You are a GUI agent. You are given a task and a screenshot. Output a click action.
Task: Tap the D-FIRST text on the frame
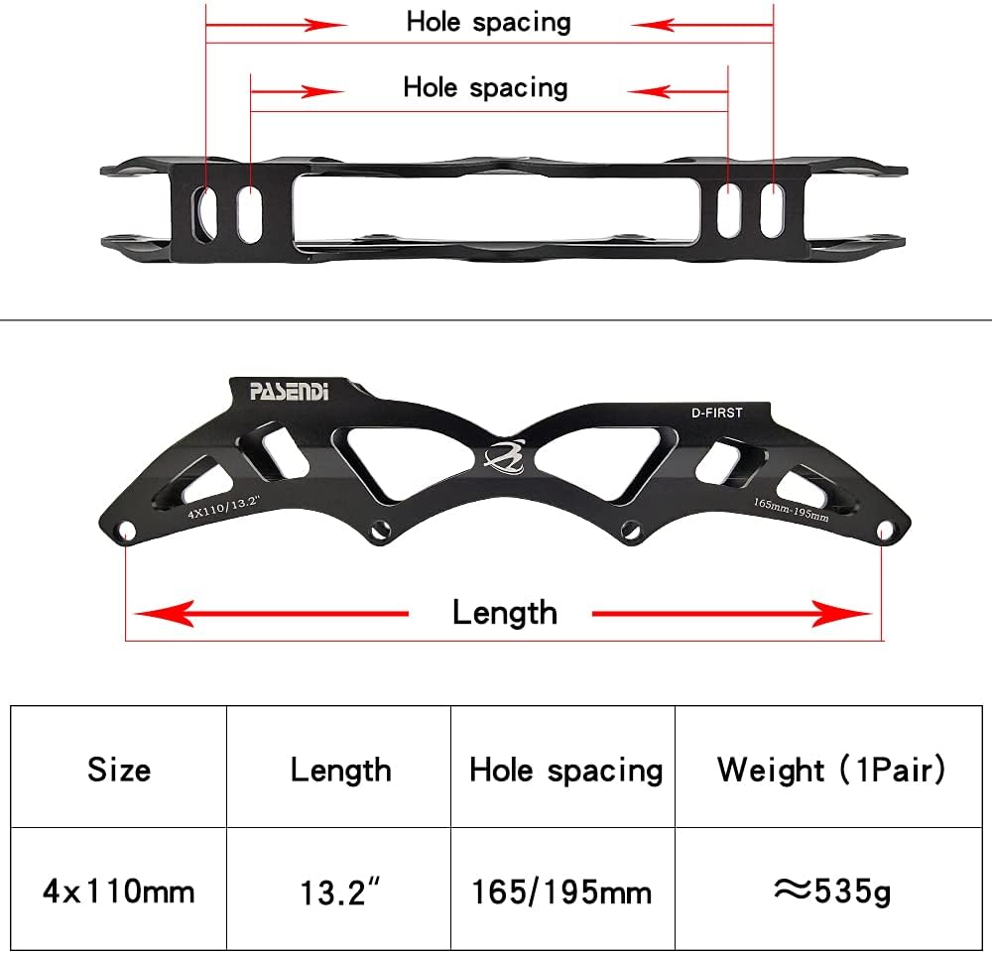click(716, 412)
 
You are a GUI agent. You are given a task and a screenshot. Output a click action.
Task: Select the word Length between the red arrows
click(504, 613)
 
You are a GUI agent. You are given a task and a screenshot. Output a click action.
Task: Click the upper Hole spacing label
click(488, 22)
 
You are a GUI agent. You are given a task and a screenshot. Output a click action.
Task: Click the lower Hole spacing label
click(485, 87)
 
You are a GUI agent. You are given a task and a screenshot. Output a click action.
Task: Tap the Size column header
click(119, 769)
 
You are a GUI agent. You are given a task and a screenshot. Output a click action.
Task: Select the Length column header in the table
click(340, 769)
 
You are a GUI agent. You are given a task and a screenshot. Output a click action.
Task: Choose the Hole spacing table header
click(565, 769)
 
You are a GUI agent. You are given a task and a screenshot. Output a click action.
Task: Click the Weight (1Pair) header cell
click(831, 769)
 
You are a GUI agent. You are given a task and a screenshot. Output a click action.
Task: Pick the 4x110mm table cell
click(119, 891)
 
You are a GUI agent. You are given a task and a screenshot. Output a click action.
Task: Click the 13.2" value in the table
click(340, 892)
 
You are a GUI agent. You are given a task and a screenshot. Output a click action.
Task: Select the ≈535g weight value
click(831, 891)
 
